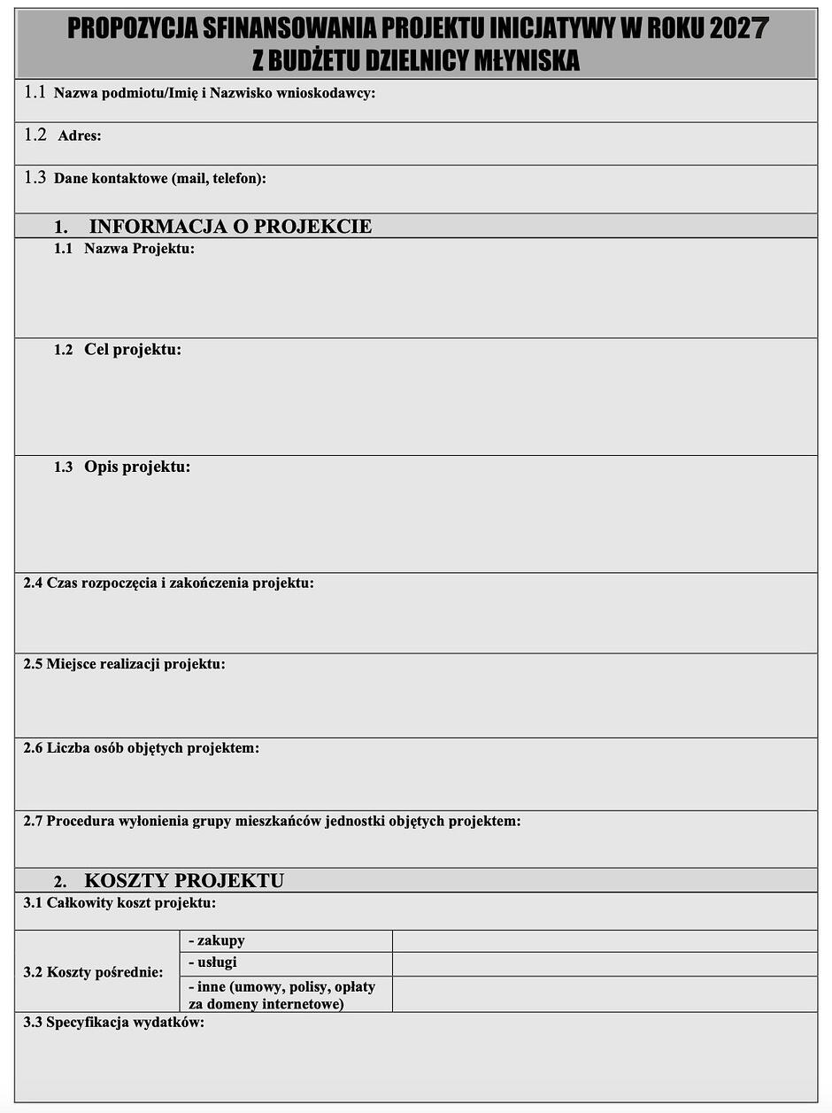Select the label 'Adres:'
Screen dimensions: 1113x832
pyautogui.click(x=79, y=136)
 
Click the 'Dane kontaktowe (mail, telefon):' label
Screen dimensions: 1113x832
pyautogui.click(x=159, y=179)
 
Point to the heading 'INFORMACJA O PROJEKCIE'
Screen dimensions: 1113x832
pyautogui.click(x=230, y=227)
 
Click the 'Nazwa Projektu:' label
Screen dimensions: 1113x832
pyautogui.click(x=139, y=249)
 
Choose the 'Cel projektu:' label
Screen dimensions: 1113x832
pyautogui.click(x=132, y=350)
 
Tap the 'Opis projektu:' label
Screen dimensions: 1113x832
pyautogui.click(x=137, y=467)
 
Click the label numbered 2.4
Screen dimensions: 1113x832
pyautogui.click(x=168, y=583)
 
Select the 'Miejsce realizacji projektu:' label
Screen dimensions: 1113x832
pyautogui.click(x=135, y=664)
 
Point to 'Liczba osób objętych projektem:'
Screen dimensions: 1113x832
pyautogui.click(x=152, y=748)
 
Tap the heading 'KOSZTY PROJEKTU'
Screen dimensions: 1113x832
pyautogui.click(x=184, y=881)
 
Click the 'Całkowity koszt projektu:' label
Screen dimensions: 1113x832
pyautogui.click(x=131, y=903)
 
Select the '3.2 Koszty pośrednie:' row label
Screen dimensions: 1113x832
pyautogui.click(x=93, y=972)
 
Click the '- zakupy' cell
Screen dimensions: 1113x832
pyautogui.click(x=216, y=940)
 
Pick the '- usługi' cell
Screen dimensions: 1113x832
pyautogui.click(x=212, y=962)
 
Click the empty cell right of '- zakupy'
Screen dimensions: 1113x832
pyautogui.click(x=604, y=941)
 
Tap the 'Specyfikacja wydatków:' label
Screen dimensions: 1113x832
pyautogui.click(x=125, y=1023)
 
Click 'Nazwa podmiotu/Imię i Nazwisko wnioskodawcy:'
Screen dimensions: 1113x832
pyautogui.click(x=214, y=93)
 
